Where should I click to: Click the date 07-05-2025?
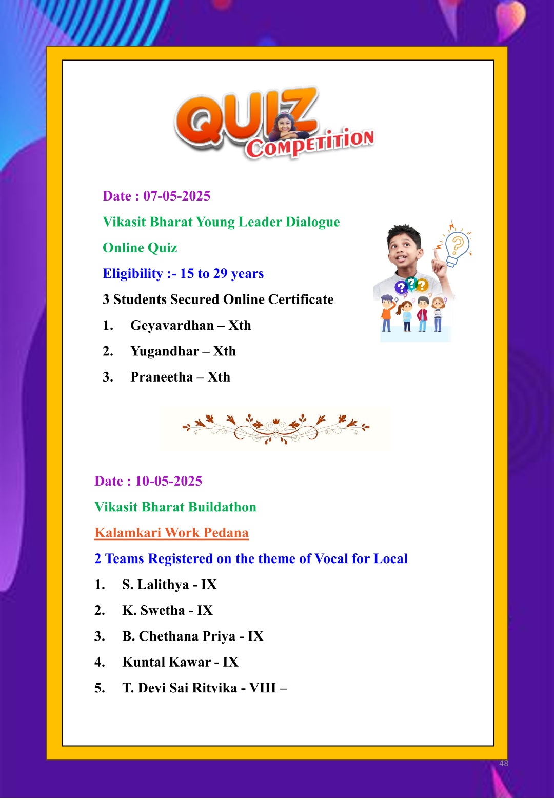pyautogui.click(x=176, y=196)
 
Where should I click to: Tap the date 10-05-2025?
pyautogui.click(x=168, y=481)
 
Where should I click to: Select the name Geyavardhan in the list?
pyautogui.click(x=172, y=326)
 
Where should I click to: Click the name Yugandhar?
pyautogui.click(x=165, y=351)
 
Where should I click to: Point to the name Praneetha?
pyautogui.click(x=162, y=377)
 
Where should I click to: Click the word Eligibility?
pyautogui.click(x=133, y=274)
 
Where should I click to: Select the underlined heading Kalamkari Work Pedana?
pyautogui.click(x=171, y=533)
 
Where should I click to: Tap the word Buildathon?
pyautogui.click(x=225, y=507)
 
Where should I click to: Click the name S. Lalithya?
pyautogui.click(x=155, y=585)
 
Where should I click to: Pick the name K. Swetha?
pyautogui.click(x=153, y=610)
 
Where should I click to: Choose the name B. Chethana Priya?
pyautogui.click(x=179, y=636)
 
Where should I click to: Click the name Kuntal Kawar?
pyautogui.click(x=166, y=662)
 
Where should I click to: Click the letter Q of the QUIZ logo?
pyautogui.click(x=201, y=121)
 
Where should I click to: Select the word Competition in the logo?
pyautogui.click(x=310, y=144)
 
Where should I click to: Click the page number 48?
pyautogui.click(x=504, y=763)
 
